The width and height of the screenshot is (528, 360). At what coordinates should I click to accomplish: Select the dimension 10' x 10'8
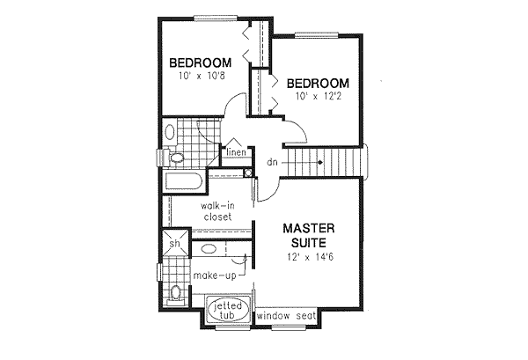click(x=200, y=77)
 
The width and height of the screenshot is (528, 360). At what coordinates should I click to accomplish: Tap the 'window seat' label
click(x=287, y=315)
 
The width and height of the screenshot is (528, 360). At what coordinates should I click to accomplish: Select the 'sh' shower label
click(x=174, y=244)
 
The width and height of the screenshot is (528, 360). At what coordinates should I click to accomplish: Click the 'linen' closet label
click(x=235, y=153)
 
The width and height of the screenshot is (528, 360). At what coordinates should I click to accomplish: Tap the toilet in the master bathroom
click(x=176, y=294)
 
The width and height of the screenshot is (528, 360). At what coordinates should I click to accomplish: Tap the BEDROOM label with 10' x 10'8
click(x=200, y=62)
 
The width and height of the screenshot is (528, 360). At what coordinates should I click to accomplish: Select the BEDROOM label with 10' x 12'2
click(x=316, y=83)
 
